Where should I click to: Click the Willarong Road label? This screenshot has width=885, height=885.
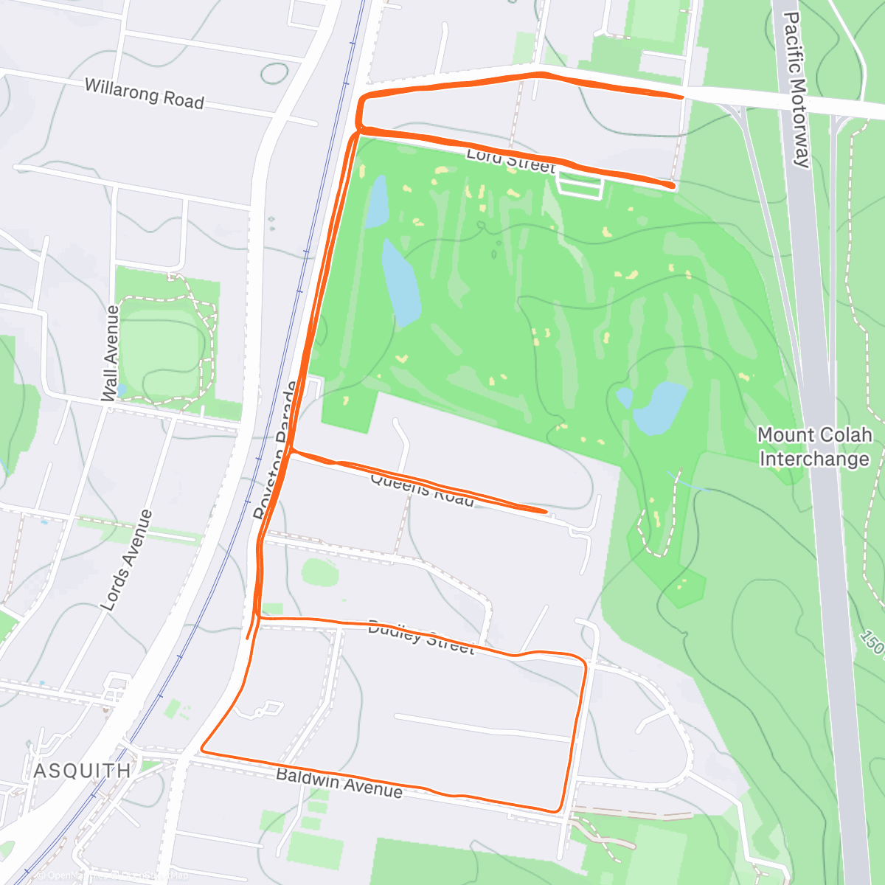pos(144,94)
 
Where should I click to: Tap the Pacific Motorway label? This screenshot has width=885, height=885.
pos(796,88)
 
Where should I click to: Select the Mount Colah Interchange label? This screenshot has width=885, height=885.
pos(814,447)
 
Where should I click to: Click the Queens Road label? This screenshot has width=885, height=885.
pos(422,489)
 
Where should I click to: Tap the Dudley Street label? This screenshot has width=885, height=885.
pos(420,637)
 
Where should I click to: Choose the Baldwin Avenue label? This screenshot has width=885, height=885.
pos(339,782)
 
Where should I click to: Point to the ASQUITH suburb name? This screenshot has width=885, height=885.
pos(83,771)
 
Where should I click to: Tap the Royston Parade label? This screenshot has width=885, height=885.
pos(276,450)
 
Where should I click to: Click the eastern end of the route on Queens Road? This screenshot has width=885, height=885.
pos(544,510)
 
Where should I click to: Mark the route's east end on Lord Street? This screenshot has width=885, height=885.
pos(671,185)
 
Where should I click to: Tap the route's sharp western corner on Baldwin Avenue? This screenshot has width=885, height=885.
pos(201,752)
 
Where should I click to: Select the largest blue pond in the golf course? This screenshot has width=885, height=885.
pos(400,282)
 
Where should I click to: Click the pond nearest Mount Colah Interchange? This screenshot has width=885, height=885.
pos(659,408)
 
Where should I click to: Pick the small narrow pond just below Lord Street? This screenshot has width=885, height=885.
pos(376,201)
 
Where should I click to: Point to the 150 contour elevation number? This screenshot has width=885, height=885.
pos(872,642)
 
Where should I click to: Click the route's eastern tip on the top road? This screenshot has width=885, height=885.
pos(681,97)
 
